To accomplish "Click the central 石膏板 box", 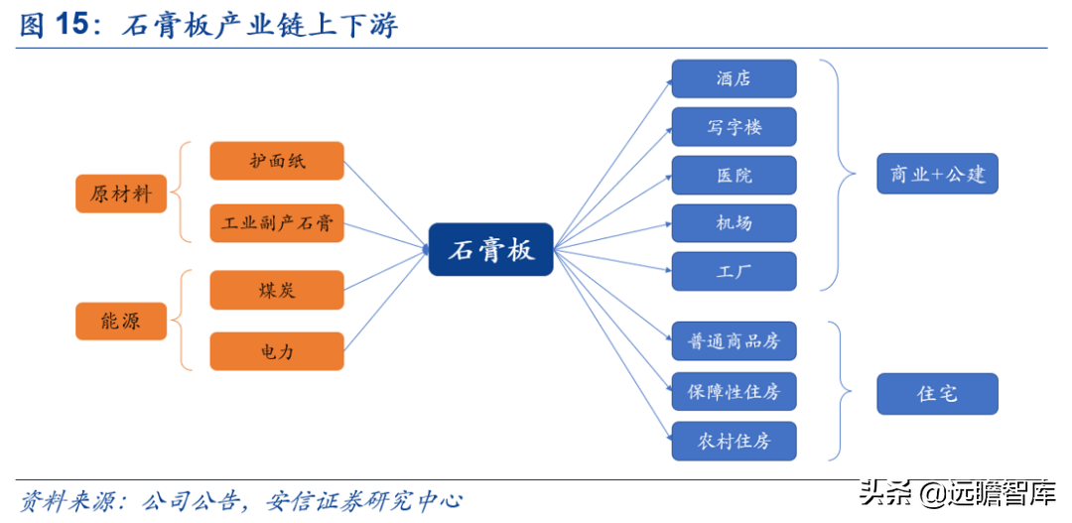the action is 490,249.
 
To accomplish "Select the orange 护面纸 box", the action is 276,161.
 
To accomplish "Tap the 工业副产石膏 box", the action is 276,223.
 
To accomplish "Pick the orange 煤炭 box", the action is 276,290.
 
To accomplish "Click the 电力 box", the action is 276,351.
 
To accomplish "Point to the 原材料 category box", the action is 121,194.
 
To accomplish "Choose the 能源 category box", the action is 121,321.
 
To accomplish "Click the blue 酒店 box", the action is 734,78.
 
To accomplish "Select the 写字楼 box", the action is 734,126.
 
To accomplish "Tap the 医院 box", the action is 734,175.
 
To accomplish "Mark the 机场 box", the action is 734,223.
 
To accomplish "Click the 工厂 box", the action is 734,271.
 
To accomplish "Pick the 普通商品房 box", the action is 734,340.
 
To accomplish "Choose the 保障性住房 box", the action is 734,392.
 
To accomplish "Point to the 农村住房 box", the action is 734,441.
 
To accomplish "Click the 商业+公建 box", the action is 937,174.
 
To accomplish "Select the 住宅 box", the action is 937,394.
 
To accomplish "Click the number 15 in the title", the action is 73,25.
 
